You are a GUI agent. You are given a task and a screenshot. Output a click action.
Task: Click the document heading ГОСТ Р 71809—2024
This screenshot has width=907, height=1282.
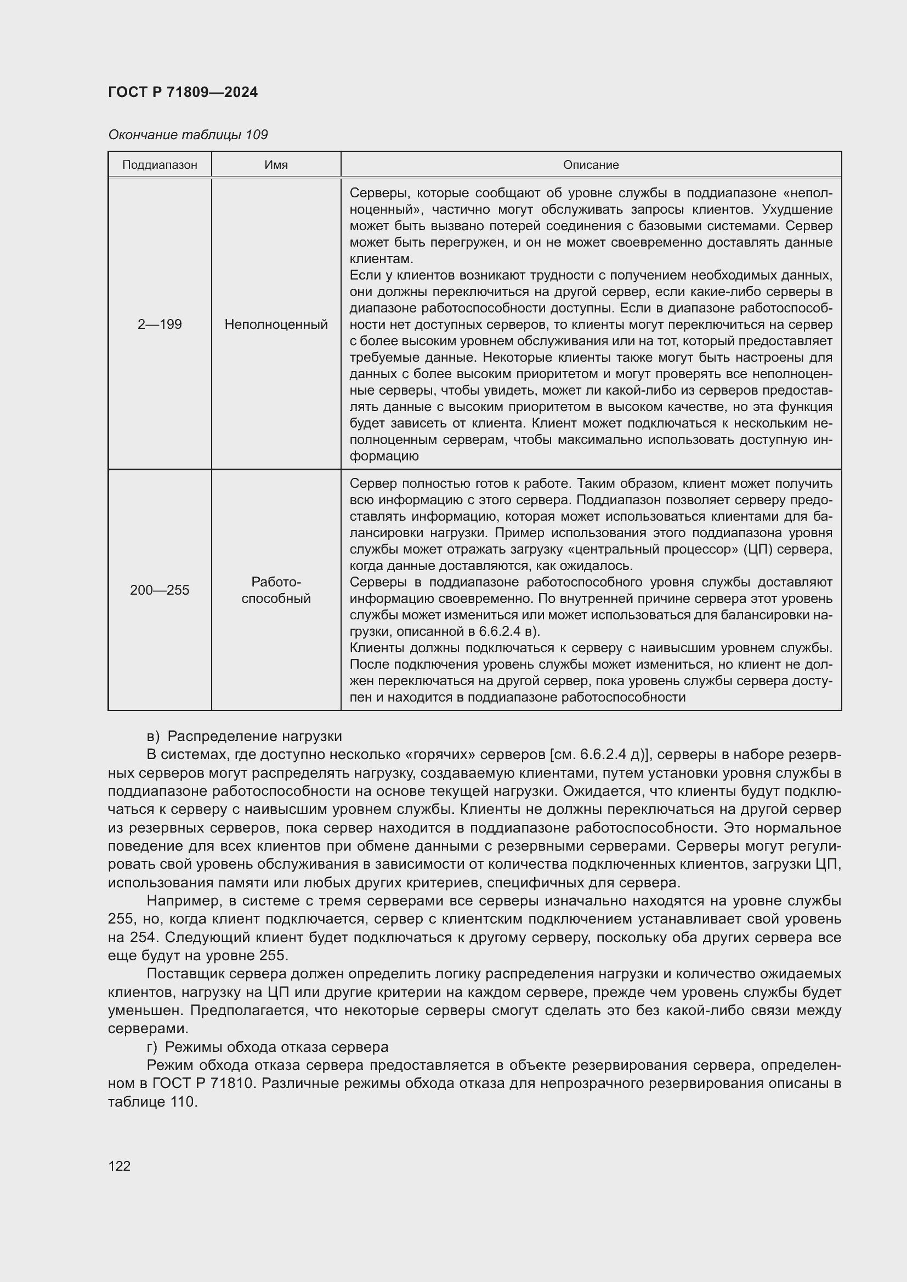click(x=183, y=93)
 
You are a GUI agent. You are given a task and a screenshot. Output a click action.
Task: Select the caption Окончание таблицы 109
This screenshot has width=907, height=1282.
click(x=188, y=135)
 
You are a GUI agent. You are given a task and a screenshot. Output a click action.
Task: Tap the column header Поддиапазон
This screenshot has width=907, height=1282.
click(x=160, y=166)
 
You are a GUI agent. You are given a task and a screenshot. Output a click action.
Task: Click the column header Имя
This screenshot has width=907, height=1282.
click(x=276, y=166)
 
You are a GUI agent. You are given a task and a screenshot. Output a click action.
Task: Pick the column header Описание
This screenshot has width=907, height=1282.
click(x=591, y=166)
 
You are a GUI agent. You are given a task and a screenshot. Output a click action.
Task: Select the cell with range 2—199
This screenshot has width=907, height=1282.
click(x=160, y=324)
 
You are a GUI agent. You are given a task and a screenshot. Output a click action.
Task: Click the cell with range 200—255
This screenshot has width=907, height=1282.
click(x=160, y=590)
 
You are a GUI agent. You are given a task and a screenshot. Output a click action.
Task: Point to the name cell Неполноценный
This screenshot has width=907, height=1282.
click(x=276, y=324)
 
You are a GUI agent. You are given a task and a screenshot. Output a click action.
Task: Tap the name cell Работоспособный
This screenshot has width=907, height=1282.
click(x=276, y=590)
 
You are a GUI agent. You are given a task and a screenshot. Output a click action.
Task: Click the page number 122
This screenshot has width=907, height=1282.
click(x=119, y=1166)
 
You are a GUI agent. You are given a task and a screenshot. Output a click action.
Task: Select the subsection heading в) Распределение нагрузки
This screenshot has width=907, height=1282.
click(x=244, y=737)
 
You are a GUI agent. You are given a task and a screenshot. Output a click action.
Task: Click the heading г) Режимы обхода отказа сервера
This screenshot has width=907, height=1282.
click(x=267, y=1047)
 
